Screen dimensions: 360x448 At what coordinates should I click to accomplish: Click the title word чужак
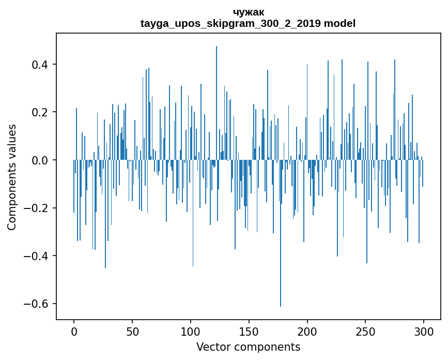248,12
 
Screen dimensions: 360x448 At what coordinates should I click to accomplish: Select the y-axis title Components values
12,177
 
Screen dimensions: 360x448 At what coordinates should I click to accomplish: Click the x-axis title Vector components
248,347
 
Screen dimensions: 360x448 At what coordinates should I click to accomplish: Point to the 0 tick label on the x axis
74,331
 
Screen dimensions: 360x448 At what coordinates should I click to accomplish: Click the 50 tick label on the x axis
132,331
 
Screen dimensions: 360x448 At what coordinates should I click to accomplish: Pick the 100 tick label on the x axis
191,331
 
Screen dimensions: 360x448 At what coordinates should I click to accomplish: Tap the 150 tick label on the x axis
249,331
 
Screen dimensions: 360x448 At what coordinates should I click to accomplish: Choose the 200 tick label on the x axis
307,331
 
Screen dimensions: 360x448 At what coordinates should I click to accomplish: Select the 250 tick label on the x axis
366,331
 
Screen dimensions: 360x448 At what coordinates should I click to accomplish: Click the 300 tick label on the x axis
424,331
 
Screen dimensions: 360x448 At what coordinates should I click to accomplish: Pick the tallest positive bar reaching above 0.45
217,103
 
